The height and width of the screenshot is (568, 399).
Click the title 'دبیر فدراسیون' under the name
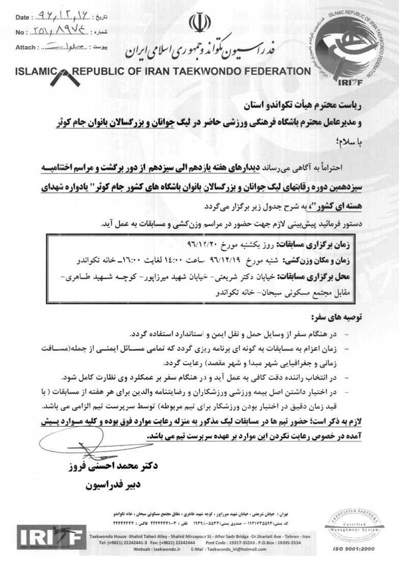[110, 485]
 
